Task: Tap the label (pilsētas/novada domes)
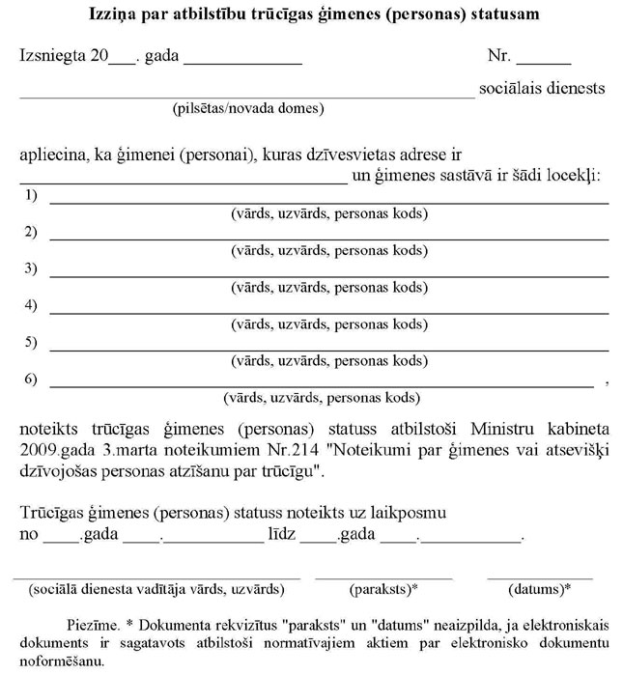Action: pos(247,107)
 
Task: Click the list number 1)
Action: pos(30,196)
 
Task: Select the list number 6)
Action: pos(30,379)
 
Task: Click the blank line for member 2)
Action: pos(328,238)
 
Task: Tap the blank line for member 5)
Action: pos(328,348)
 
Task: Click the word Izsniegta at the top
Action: pos(51,55)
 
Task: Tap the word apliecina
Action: pos(52,155)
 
